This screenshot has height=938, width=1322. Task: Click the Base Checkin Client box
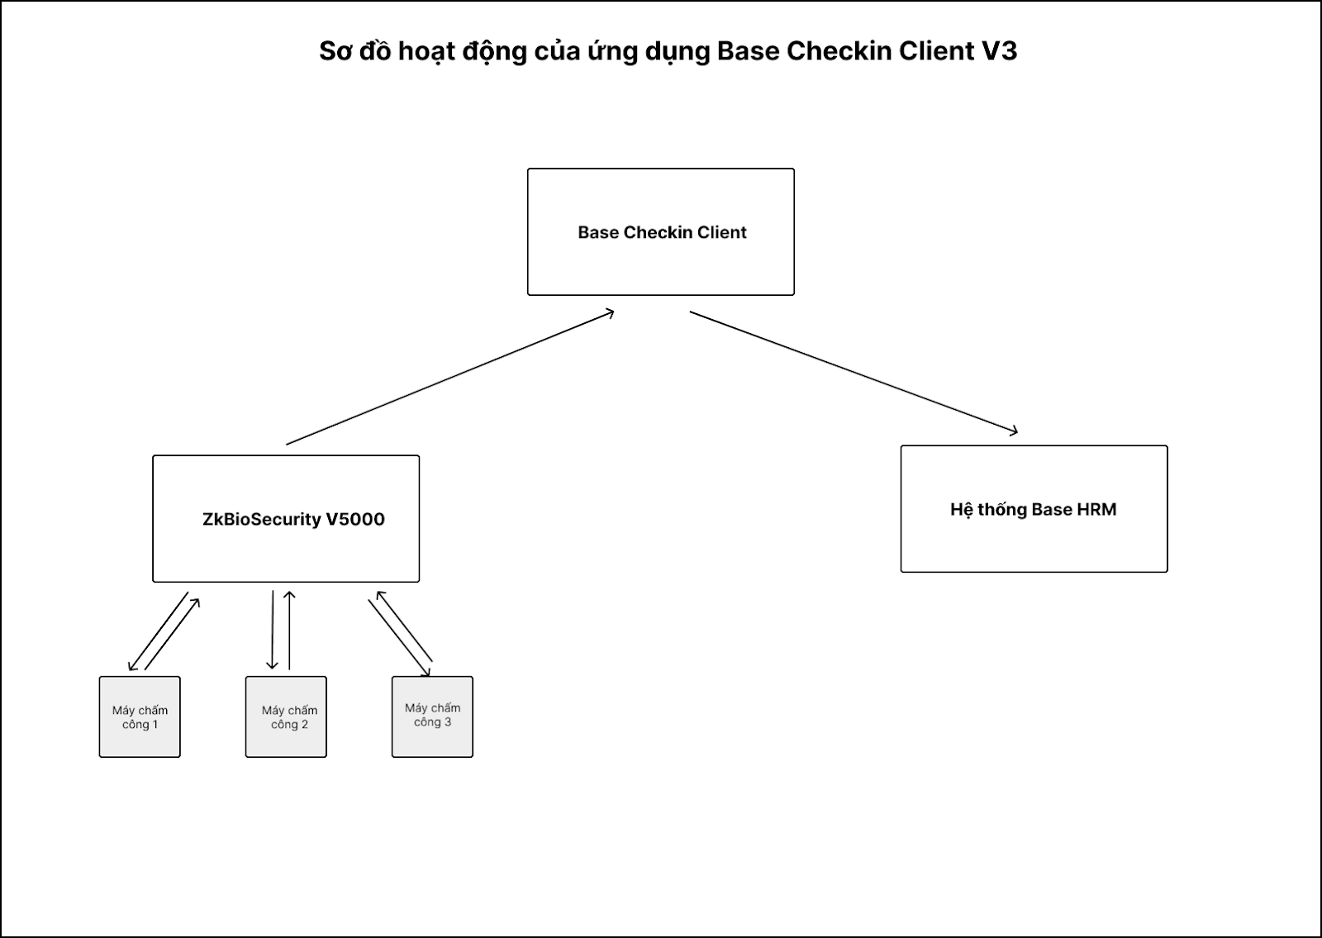(660, 232)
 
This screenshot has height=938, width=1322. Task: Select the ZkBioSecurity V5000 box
(286, 519)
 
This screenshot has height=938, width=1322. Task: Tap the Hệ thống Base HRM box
(1034, 509)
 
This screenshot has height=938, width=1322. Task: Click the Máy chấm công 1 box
(140, 717)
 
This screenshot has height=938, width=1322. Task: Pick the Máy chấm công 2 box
(286, 717)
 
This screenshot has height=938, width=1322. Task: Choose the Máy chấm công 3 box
(432, 717)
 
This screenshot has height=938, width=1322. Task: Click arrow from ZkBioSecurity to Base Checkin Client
(450, 378)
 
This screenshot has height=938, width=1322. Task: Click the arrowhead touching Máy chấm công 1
(131, 668)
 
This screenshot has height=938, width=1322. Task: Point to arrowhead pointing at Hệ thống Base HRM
(1013, 431)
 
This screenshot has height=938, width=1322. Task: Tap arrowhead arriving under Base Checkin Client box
(610, 312)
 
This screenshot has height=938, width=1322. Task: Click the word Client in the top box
(721, 232)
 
